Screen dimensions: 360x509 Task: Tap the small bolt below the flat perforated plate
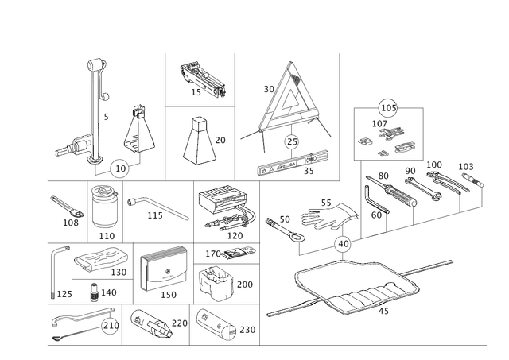pyautogui.click(x=96, y=291)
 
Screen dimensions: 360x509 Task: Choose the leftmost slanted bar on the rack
pyautogui.click(x=386, y=191)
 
